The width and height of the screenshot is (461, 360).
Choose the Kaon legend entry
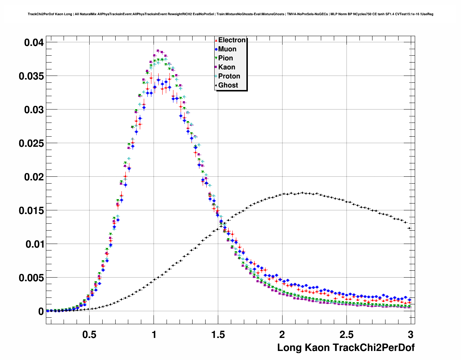(x=226, y=67)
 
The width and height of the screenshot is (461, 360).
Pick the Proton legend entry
(x=229, y=76)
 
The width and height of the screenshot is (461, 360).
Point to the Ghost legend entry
(x=228, y=85)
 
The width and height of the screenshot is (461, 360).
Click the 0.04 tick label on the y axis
(x=34, y=43)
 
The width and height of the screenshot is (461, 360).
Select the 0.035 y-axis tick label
(x=31, y=76)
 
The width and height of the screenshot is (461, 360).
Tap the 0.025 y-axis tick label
(x=31, y=143)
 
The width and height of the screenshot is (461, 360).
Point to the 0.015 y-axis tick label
(x=31, y=211)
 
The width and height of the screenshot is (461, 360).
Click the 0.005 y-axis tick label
(x=31, y=278)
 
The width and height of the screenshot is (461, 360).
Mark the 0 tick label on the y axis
(x=41, y=312)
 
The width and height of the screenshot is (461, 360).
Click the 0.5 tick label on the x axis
(x=89, y=334)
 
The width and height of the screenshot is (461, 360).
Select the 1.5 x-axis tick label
(x=218, y=334)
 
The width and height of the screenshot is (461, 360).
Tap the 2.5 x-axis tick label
(x=346, y=334)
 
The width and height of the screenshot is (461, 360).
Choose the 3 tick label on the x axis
(x=410, y=334)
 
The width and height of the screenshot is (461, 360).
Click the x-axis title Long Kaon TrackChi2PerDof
(x=346, y=348)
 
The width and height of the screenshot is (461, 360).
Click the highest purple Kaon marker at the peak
(x=158, y=51)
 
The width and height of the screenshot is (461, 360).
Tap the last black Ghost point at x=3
(x=409, y=228)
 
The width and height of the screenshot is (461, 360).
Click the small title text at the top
(x=231, y=14)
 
